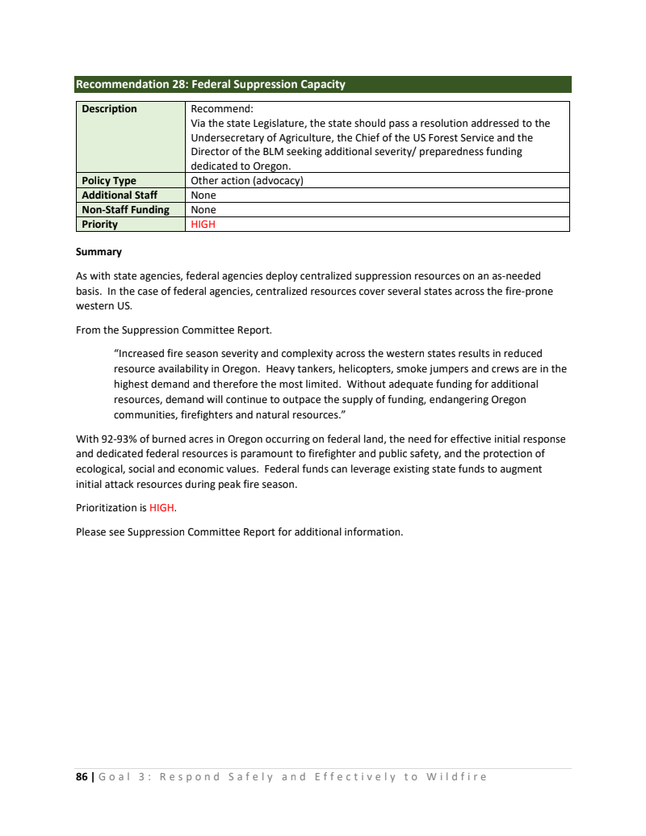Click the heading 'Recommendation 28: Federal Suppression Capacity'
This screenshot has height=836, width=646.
tap(210, 84)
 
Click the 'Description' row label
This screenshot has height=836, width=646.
tap(109, 109)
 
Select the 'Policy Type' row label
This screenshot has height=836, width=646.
tap(109, 181)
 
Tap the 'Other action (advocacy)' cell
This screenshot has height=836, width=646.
tap(246, 181)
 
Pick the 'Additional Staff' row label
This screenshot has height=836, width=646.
tap(120, 195)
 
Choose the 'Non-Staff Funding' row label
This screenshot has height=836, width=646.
tap(125, 210)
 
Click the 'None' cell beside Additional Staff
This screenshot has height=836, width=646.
tap(203, 195)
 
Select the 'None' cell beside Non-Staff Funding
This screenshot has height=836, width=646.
tap(203, 210)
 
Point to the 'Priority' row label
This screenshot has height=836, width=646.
tap(99, 225)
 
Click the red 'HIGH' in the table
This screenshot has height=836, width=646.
tap(203, 225)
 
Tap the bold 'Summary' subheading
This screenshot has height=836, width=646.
tap(99, 252)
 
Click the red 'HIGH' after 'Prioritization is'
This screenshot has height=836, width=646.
tap(161, 508)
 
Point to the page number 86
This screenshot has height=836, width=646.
tap(82, 777)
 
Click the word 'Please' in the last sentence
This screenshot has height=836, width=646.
tap(92, 532)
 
